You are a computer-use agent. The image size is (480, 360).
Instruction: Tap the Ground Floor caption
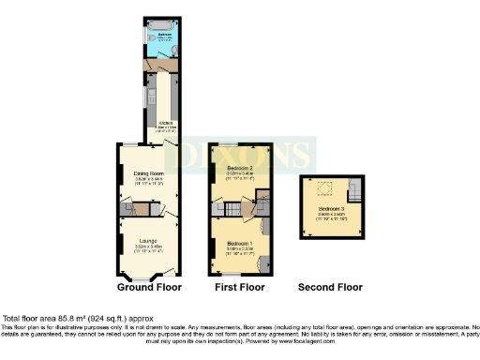coord(149,287)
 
